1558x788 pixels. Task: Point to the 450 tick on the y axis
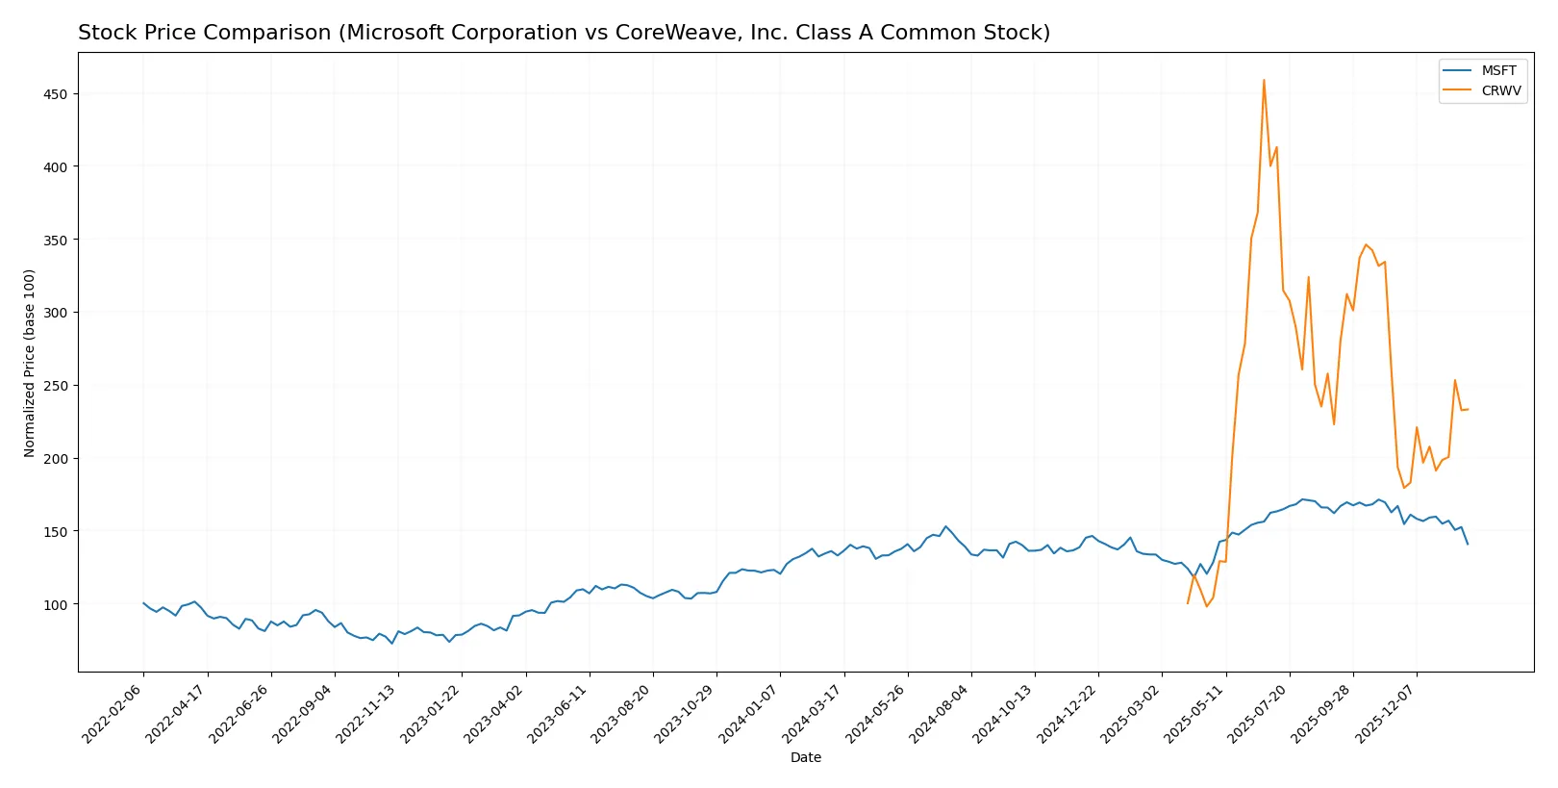coord(54,94)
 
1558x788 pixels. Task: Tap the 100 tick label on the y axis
coord(54,604)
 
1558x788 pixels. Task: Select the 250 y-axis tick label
coord(54,386)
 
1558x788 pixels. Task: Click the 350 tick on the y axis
coord(54,240)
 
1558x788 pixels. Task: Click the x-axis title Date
coord(805,758)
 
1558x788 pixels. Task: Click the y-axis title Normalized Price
coord(30,363)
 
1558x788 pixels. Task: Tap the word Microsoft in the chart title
coord(392,33)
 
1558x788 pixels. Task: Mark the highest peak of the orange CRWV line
coord(1264,80)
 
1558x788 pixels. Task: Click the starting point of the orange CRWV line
coord(1188,603)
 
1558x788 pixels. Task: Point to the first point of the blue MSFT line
coord(143,603)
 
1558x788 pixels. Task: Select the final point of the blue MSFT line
coord(1468,545)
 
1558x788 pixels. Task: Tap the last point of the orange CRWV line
coord(1468,409)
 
